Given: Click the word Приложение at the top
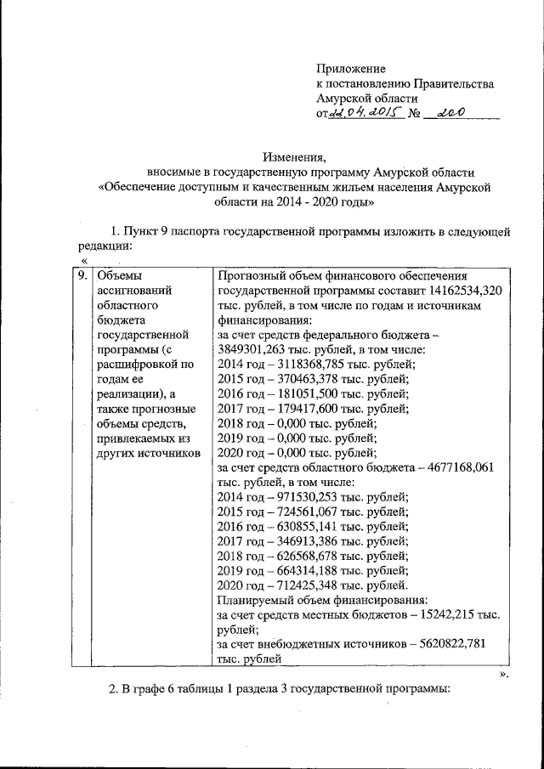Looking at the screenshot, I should (x=350, y=68).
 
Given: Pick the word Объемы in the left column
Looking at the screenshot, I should (x=118, y=275).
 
